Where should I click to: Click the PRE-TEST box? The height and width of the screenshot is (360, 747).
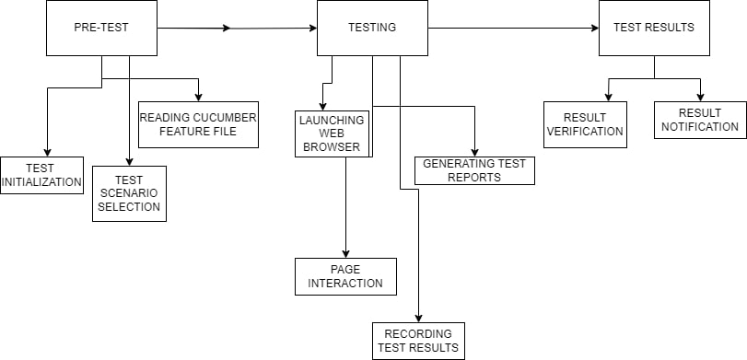pyautogui.click(x=101, y=28)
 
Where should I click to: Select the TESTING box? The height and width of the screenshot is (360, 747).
pyautogui.click(x=372, y=28)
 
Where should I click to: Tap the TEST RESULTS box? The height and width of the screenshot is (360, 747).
pyautogui.click(x=654, y=28)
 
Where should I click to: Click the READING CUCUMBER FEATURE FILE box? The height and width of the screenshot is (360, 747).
pyautogui.click(x=198, y=123)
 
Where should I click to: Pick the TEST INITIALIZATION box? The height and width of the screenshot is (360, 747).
pyautogui.click(x=41, y=175)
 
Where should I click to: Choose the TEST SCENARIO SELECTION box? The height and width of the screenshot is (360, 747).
pyautogui.click(x=129, y=193)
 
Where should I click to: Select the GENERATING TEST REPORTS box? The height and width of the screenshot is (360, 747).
pyautogui.click(x=474, y=170)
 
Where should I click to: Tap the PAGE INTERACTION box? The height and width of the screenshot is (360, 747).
pyautogui.click(x=345, y=276)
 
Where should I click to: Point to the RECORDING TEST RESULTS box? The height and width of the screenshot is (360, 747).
pyautogui.click(x=419, y=341)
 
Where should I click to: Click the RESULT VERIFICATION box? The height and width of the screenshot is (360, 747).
pyautogui.click(x=585, y=124)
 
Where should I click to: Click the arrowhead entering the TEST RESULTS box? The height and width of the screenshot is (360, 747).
pyautogui.click(x=593, y=29)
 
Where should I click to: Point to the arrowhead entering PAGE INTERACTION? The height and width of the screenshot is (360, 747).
pyautogui.click(x=345, y=253)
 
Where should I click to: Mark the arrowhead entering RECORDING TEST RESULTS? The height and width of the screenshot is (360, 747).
pyautogui.click(x=419, y=318)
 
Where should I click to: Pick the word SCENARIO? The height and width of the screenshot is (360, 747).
pyautogui.click(x=130, y=193)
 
